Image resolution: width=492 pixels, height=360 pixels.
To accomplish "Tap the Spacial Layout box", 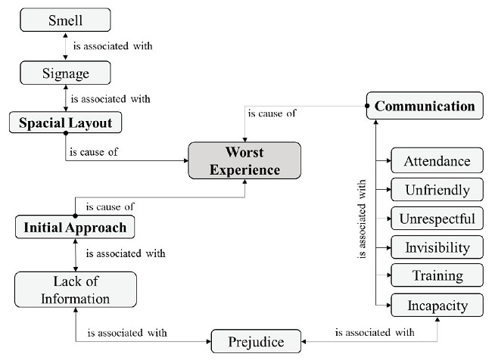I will pyautogui.click(x=65, y=123).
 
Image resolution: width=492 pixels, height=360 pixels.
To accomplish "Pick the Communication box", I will pyautogui.click(x=424, y=106).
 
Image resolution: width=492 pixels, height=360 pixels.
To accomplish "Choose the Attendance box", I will pyautogui.click(x=437, y=160).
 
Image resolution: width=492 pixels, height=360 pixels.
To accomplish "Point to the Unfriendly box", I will pyautogui.click(x=437, y=190).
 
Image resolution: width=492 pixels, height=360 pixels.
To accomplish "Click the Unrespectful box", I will pyautogui.click(x=437, y=219).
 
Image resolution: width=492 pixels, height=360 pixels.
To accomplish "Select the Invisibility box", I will pyautogui.click(x=437, y=247).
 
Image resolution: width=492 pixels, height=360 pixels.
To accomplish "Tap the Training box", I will pyautogui.click(x=437, y=276).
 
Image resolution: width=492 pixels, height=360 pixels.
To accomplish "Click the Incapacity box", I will pyautogui.click(x=437, y=306).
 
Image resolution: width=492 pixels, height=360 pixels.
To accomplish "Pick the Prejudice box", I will pyautogui.click(x=256, y=342).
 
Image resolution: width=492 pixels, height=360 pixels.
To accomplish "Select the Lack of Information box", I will pyautogui.click(x=76, y=290).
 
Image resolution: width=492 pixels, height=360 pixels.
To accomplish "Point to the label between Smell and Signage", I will pyautogui.click(x=113, y=46).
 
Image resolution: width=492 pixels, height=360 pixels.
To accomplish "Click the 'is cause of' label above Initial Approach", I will pyautogui.click(x=111, y=206).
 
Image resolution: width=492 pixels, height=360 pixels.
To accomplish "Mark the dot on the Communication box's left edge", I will pyautogui.click(x=367, y=106).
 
